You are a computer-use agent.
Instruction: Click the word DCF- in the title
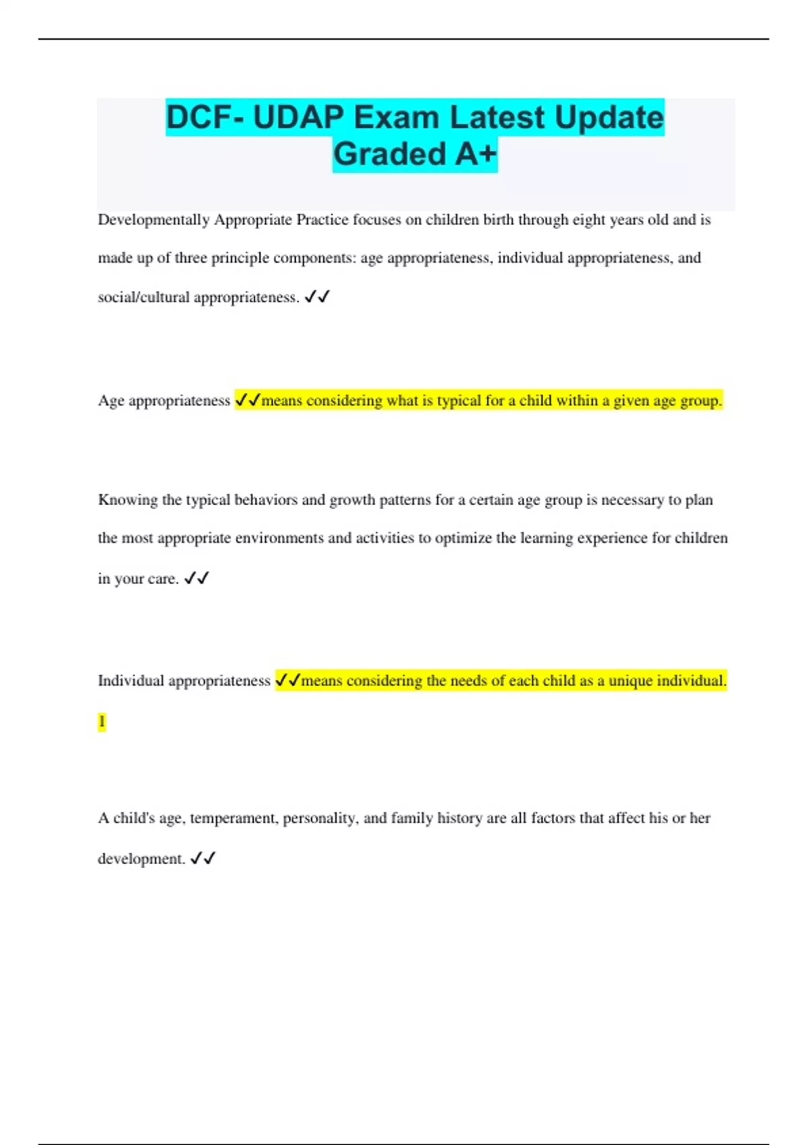205,118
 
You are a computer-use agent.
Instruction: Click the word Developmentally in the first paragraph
154,220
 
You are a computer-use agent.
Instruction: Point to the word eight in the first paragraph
588,220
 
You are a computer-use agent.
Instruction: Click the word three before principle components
191,258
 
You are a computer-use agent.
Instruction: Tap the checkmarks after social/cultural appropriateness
317,297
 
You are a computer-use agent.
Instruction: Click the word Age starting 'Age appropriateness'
111,401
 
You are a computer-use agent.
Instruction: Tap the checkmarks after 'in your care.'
197,579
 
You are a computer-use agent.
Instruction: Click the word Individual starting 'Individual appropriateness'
131,681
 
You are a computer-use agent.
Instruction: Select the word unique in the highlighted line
630,681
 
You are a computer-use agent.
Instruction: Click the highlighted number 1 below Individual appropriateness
102,722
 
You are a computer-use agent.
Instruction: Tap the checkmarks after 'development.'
203,859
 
